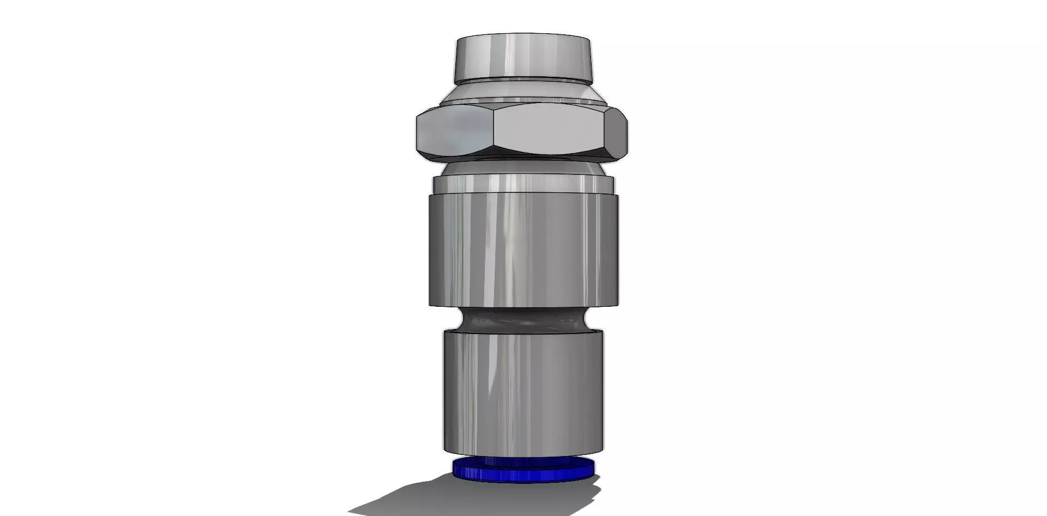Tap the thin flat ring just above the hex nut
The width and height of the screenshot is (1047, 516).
pyautogui.click(x=522, y=101)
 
